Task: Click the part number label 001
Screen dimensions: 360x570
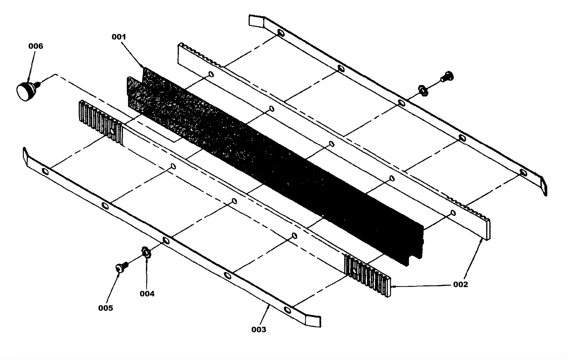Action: (119, 37)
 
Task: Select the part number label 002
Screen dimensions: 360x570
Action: (460, 284)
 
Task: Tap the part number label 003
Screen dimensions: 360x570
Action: (259, 330)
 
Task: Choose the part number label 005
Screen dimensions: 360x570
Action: (105, 308)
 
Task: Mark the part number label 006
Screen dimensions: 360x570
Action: (36, 46)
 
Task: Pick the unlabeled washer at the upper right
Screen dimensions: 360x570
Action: (423, 90)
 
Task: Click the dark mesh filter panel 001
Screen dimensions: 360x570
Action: (271, 160)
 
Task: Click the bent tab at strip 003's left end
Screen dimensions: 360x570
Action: (26, 155)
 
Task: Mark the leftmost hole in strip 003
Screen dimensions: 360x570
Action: (45, 171)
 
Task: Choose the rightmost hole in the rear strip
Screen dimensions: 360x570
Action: (523, 173)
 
